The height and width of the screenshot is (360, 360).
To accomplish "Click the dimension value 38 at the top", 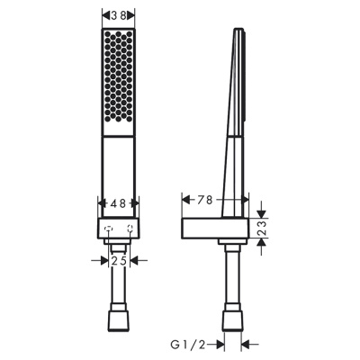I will [x=117, y=15].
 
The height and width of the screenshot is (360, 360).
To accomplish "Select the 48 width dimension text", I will [x=117, y=203].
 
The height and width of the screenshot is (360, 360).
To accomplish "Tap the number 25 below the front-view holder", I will [x=117, y=261].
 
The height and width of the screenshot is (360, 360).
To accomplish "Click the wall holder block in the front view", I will [x=117, y=229].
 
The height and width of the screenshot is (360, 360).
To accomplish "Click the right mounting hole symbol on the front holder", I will [x=130, y=230].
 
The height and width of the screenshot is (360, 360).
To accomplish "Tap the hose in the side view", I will [x=231, y=279].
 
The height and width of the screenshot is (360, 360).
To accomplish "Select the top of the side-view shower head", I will [x=238, y=34].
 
